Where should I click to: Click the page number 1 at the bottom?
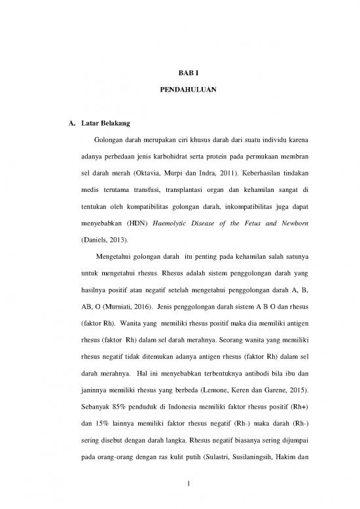click(179, 483)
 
